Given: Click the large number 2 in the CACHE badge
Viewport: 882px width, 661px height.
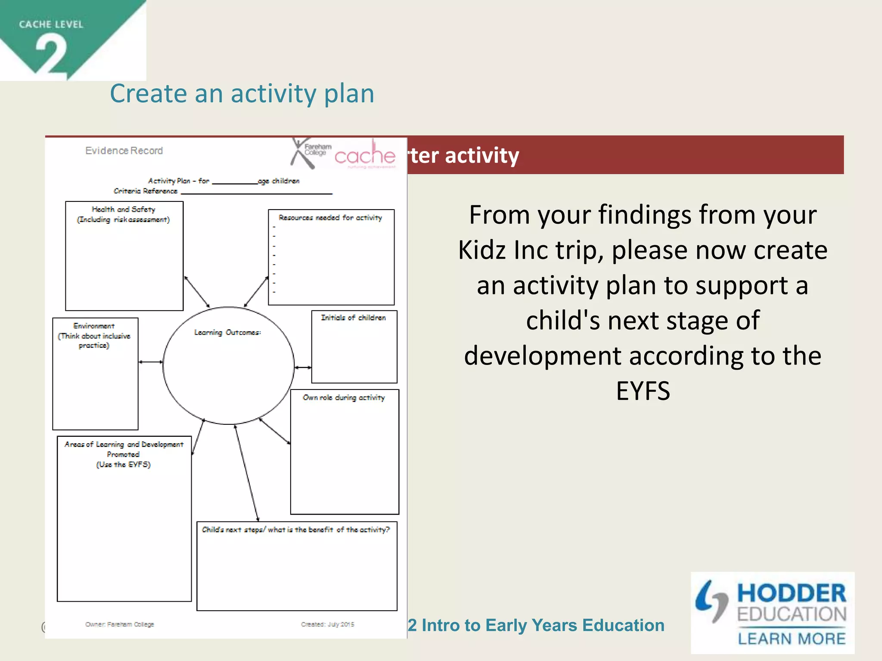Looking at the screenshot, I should click(51, 55).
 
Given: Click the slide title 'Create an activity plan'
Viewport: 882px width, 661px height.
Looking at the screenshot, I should click(242, 94).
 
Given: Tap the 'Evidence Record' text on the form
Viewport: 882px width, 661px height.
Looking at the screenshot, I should click(124, 151).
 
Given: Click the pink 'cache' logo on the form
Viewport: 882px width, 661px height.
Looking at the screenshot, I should click(365, 156).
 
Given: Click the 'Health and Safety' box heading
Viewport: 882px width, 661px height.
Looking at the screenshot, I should click(124, 210).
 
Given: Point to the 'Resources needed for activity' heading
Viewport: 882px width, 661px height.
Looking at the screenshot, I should click(330, 218).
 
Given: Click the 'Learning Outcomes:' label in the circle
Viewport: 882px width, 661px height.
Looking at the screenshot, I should click(227, 333).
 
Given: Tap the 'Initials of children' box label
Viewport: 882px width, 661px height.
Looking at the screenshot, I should click(353, 318).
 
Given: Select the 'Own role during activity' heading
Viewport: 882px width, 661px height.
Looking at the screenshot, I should click(344, 398).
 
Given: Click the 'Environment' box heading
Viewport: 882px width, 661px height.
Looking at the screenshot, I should click(94, 326).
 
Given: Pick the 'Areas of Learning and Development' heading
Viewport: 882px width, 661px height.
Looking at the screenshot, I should click(124, 445).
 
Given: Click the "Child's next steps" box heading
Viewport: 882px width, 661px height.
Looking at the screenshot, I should click(296, 530).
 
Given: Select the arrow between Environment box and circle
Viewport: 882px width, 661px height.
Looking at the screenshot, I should click(151, 362).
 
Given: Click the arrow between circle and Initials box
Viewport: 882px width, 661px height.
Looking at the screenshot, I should click(303, 368).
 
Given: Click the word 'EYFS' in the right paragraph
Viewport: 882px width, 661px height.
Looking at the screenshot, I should click(643, 391).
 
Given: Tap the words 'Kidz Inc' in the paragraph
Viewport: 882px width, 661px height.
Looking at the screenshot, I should click(503, 250).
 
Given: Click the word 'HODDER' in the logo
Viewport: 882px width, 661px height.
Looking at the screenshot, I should click(792, 593).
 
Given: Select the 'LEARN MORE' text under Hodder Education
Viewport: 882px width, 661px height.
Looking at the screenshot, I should click(792, 639).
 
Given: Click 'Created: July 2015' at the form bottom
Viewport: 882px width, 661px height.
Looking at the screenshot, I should click(327, 624).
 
